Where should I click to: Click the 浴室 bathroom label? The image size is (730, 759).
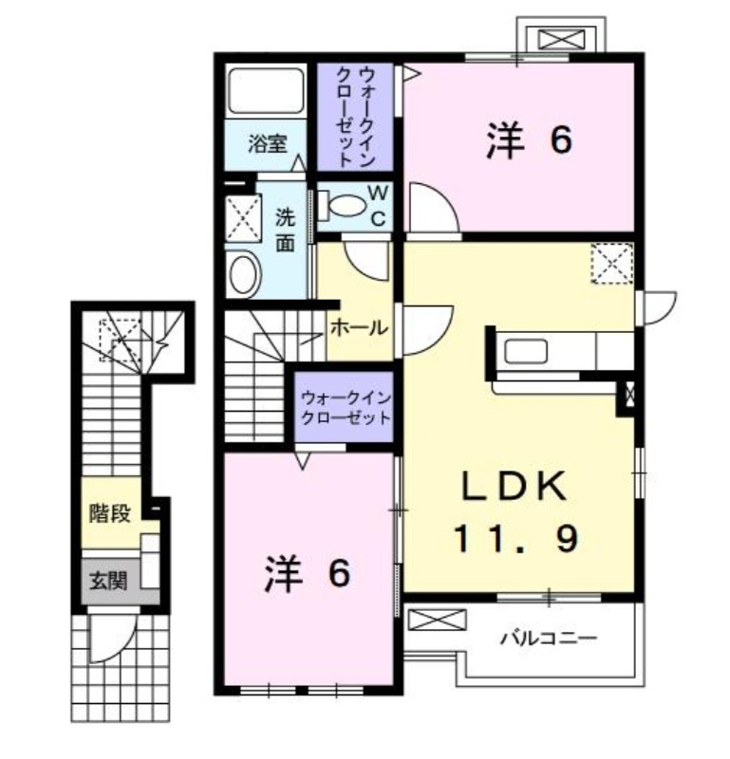tap(268, 144)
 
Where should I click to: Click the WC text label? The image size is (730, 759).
tap(377, 205)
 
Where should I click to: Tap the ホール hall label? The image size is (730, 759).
tap(358, 328)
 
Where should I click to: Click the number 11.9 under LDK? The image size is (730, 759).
tap(515, 540)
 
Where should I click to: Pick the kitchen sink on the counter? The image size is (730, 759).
tap(525, 351)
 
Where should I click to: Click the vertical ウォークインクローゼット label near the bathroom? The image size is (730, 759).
tap(348, 115)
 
